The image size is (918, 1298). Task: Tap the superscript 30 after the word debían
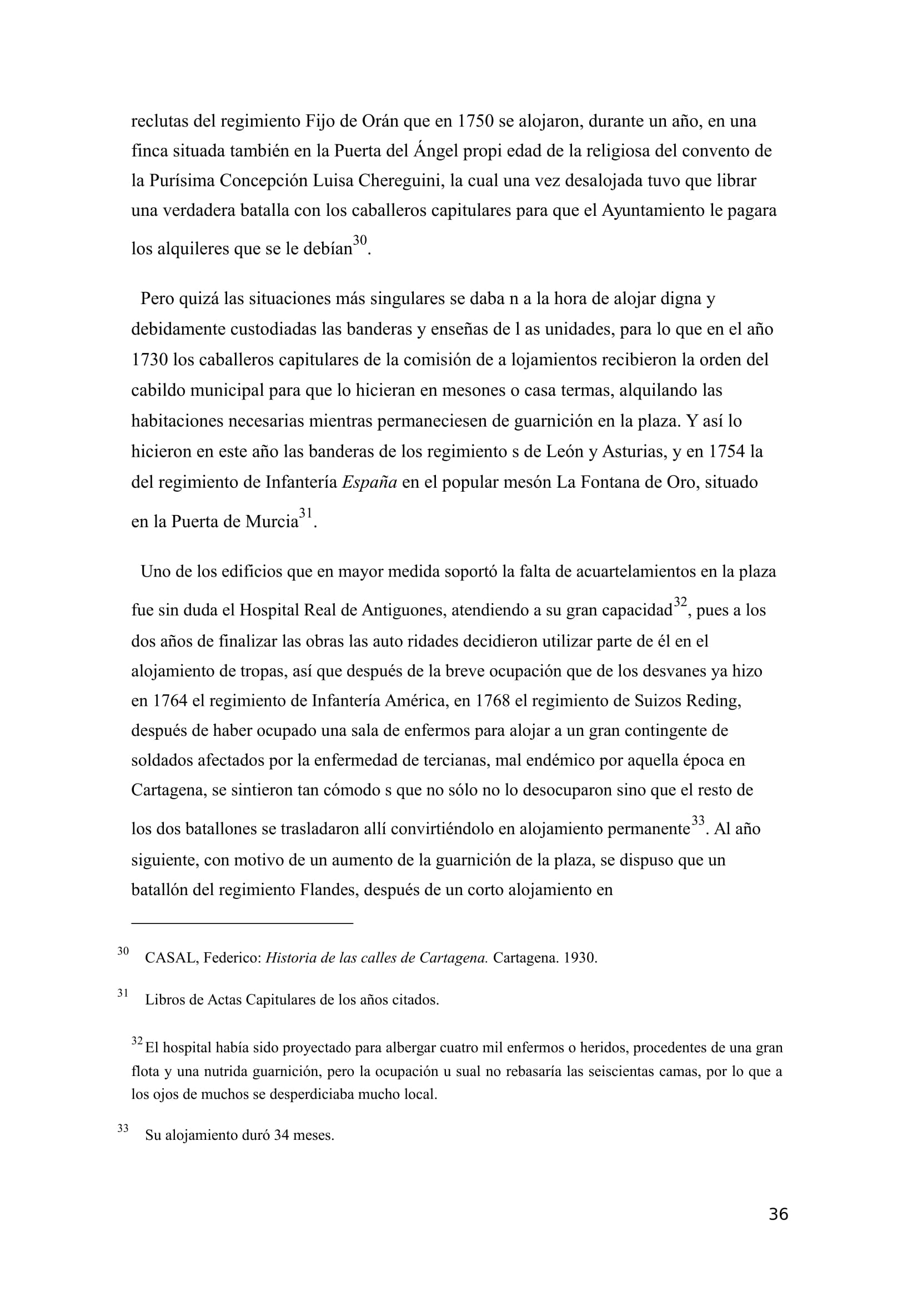360,240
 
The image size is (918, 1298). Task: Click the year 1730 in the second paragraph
150,360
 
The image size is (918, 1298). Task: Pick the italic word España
370,482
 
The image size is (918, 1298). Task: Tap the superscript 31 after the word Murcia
305,513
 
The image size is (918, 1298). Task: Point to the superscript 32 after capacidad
679,602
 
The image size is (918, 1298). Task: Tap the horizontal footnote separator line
242,923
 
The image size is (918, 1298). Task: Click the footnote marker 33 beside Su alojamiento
123,1128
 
